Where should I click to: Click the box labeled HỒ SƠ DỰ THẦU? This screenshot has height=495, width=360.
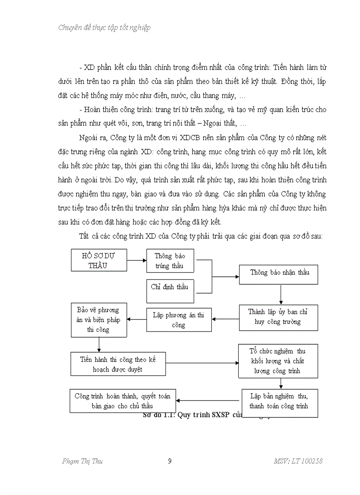point(99,260)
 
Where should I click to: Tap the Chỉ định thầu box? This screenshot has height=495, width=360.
point(170,287)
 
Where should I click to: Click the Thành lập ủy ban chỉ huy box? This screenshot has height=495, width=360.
point(278,317)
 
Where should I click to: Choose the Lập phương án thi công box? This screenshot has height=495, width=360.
point(178,320)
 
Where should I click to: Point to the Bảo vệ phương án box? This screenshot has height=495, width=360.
point(98,320)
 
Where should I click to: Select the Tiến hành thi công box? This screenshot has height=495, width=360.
point(118,364)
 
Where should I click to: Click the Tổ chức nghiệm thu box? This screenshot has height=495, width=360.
point(277,361)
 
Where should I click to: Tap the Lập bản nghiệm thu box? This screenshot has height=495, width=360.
point(279,402)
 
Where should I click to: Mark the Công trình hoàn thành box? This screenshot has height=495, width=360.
point(122,401)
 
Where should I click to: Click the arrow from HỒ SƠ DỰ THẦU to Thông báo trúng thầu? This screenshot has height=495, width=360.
point(136,260)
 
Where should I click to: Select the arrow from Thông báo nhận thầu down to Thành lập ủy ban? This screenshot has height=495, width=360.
point(281,294)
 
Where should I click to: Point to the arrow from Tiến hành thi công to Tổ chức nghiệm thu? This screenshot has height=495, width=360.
point(202,363)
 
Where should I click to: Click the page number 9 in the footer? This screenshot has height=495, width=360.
point(170,462)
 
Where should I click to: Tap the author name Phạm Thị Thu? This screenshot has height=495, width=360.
point(82,462)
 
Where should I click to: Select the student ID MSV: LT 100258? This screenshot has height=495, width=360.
point(298,462)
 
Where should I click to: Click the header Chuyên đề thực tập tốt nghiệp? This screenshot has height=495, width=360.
point(104,28)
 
